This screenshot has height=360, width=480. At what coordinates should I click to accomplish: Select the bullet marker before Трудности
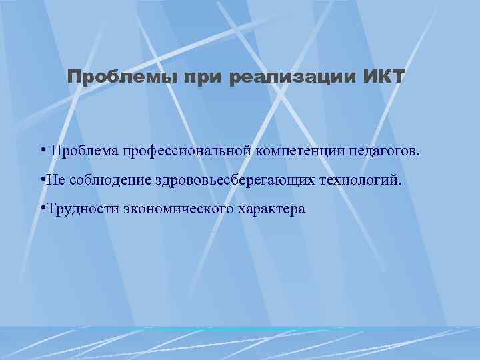[x=42, y=207]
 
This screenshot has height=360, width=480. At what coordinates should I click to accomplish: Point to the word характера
[x=270, y=209]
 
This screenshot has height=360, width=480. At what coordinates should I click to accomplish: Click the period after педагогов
[x=419, y=154]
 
